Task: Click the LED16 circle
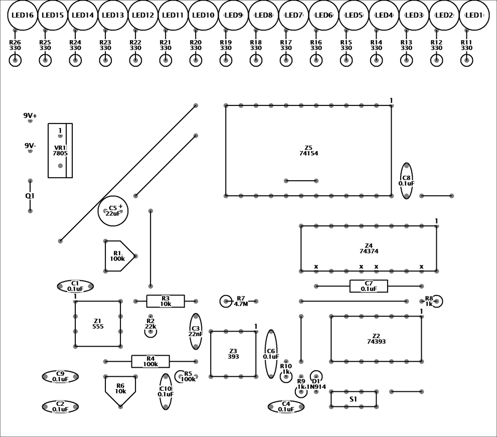23,15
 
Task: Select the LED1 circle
474,15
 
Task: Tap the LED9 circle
233,15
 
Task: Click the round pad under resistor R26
15,61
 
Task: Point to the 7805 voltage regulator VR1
60,151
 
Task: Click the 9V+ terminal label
30,115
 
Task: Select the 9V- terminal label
30,145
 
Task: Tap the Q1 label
30,196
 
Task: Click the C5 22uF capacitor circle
113,211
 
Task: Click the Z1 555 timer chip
98,324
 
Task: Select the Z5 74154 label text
308,151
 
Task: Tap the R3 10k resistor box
165,301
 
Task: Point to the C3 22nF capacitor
196,331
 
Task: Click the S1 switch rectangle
354,399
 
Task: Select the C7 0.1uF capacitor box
369,286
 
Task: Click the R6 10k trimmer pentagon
120,389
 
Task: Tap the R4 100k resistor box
150,361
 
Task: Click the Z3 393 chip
233,354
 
